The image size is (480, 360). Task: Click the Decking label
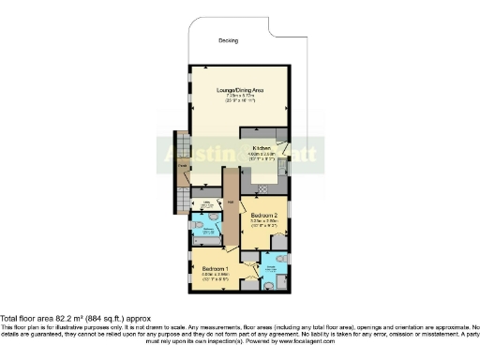(228, 40)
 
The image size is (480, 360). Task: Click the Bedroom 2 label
(262, 215)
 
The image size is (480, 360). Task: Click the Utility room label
(206, 201)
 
